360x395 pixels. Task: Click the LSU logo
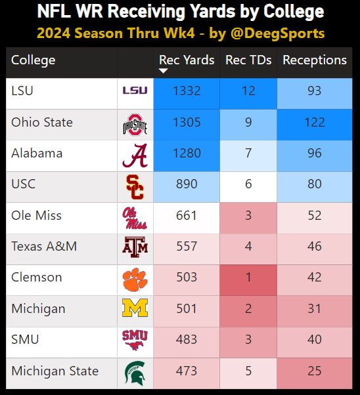[x=135, y=91]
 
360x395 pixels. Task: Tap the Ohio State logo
[x=135, y=123]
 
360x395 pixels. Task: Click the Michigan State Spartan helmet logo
[x=135, y=371]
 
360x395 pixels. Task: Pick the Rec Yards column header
[x=187, y=60]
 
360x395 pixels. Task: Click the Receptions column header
[x=315, y=60]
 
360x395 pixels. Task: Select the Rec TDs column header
[x=248, y=60]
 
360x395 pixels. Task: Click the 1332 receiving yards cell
[x=187, y=91]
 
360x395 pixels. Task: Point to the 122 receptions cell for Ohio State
[x=315, y=123]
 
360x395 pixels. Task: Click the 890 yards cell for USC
[x=187, y=185]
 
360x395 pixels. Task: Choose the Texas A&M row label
[x=44, y=247]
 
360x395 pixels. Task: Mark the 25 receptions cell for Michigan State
[x=315, y=371]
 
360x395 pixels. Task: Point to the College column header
[x=34, y=60]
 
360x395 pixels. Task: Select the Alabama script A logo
[x=135, y=154]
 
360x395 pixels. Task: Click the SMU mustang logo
[x=135, y=340]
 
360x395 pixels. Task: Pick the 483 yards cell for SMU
[x=187, y=340]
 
